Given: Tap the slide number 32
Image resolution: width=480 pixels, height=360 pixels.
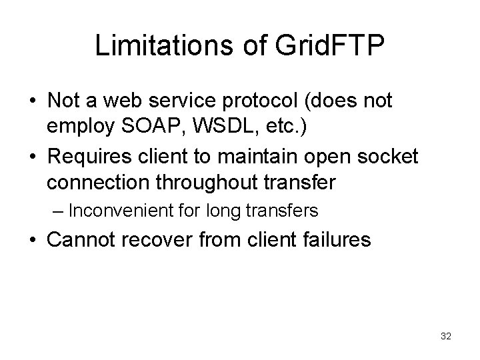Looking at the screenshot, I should pyautogui.click(x=445, y=336).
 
